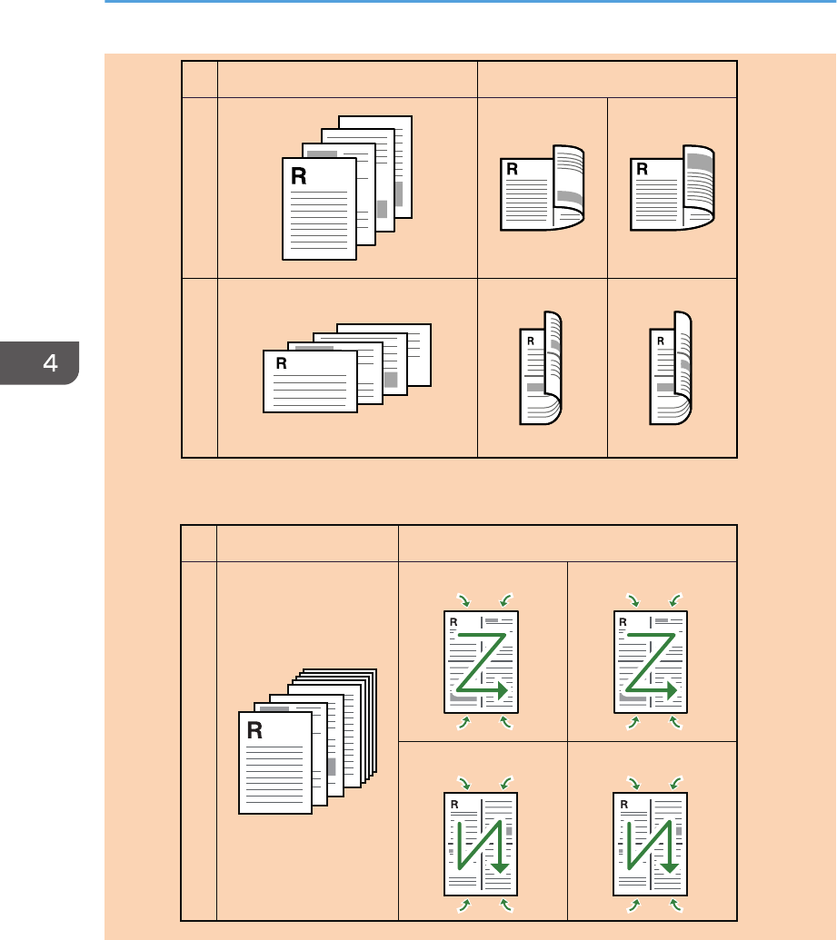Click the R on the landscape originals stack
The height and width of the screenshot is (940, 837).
[281, 363]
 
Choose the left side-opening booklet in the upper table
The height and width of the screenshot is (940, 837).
[541, 188]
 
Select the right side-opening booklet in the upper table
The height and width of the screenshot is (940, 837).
[672, 188]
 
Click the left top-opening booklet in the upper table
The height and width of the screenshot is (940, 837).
[541, 368]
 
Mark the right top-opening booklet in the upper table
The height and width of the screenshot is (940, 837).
[672, 368]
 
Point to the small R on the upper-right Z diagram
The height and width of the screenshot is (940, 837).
[622, 623]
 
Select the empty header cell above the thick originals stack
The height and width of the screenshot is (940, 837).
[308, 542]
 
